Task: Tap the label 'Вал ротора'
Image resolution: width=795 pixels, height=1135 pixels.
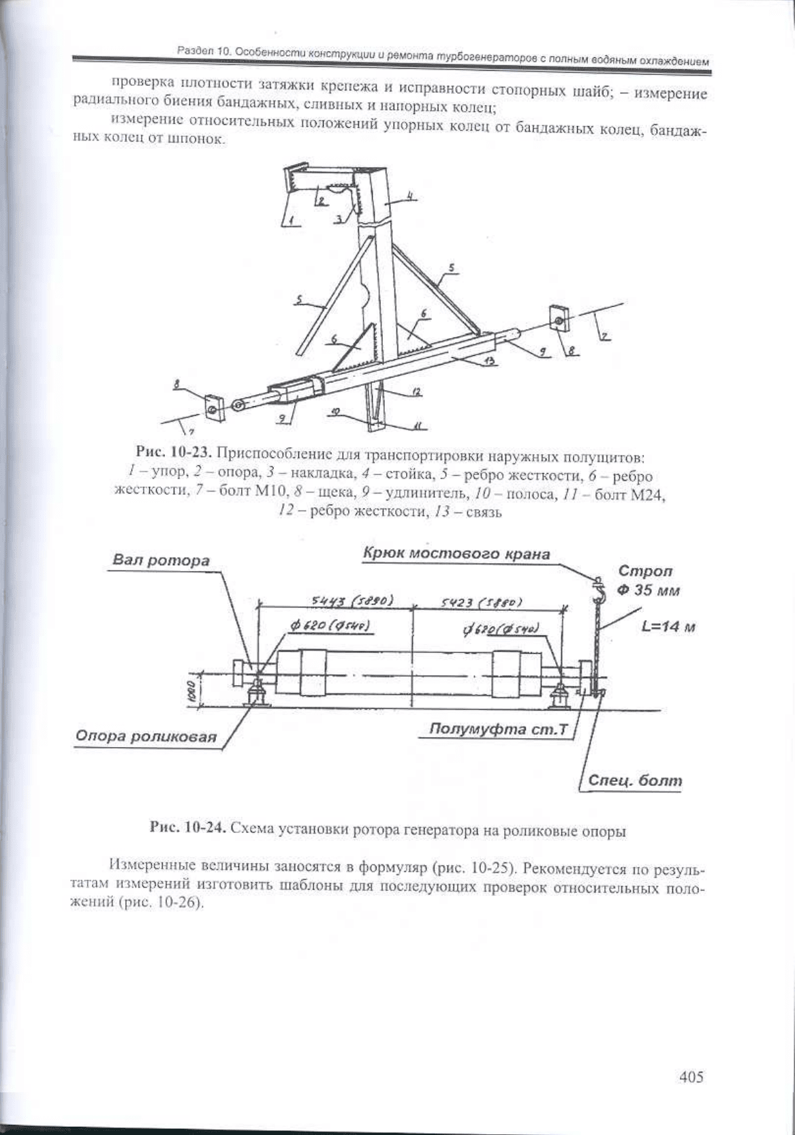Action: pos(161,561)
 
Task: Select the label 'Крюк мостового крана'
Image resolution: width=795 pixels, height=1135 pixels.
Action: pos(456,554)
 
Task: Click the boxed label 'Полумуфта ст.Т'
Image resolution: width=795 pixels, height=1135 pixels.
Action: pos(498,729)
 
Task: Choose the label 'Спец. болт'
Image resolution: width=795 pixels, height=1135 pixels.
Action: pos(634,781)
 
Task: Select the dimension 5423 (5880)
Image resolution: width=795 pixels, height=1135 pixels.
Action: pos(482,602)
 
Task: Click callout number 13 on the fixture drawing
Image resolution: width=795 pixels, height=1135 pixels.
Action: pos(489,363)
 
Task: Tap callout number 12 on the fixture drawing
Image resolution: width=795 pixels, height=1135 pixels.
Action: pos(416,391)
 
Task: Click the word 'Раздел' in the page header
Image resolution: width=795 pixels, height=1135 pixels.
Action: pos(192,49)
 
